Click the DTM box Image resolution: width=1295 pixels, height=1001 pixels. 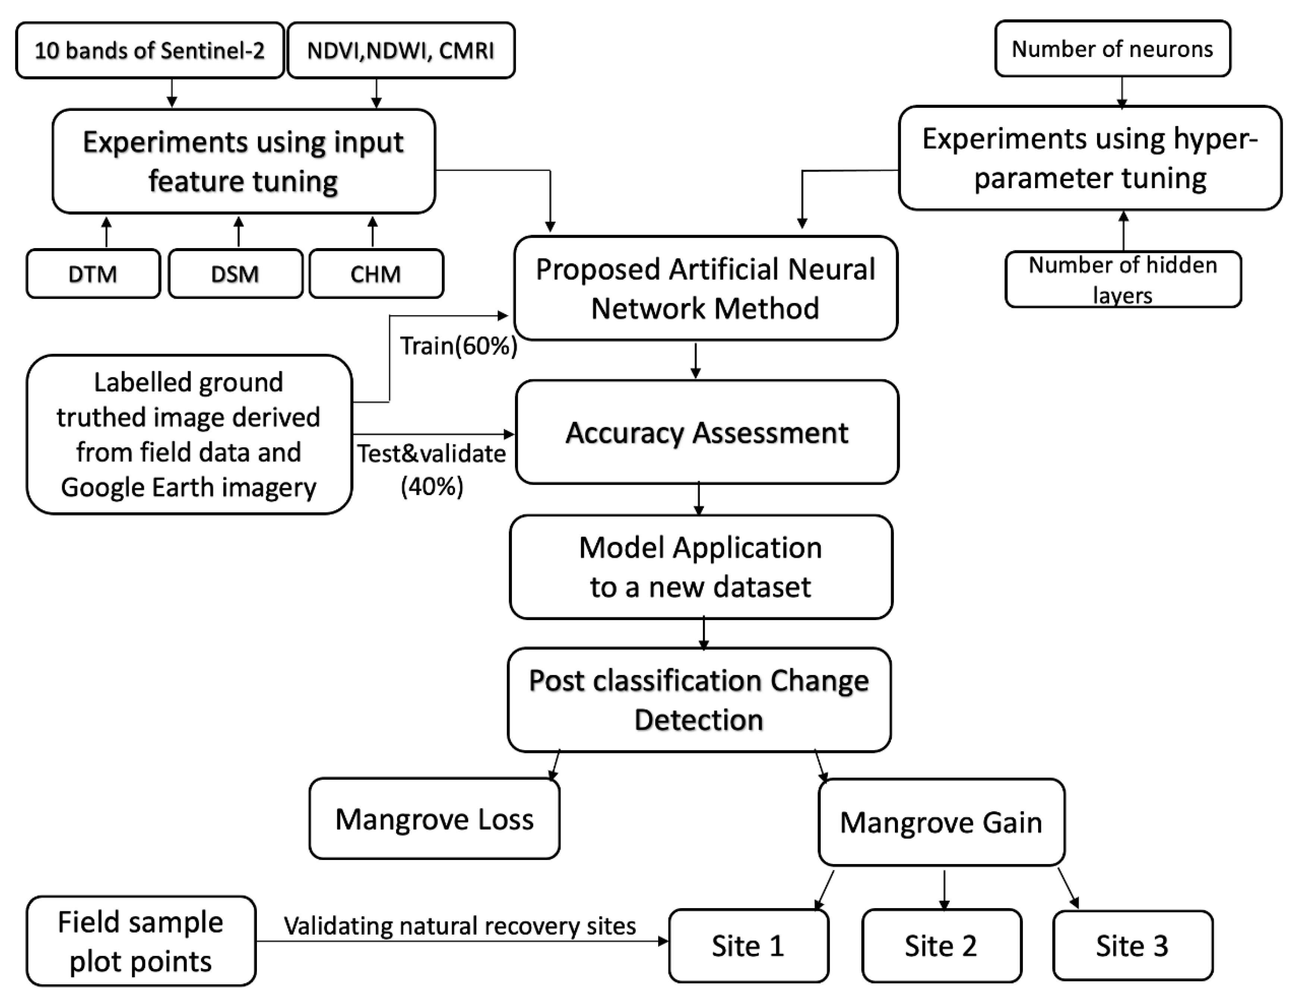93,273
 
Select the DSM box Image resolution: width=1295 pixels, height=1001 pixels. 235,273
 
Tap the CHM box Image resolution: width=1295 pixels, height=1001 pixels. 376,273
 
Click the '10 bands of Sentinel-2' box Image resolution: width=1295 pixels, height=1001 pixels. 150,50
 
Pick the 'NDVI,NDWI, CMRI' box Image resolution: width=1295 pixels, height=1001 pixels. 401,50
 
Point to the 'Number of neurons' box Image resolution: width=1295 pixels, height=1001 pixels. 1112,49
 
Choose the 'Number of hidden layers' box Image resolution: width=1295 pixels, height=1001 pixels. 1123,279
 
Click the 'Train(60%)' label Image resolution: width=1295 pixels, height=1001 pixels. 458,346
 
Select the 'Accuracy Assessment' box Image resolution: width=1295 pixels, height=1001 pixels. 707,432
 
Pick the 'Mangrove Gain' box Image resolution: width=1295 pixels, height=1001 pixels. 941,822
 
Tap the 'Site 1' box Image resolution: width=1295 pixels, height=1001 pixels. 748,946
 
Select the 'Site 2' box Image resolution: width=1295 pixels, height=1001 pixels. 941,946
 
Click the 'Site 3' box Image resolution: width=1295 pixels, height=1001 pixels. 1132,946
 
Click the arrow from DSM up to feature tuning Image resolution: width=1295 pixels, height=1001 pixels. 238,231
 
